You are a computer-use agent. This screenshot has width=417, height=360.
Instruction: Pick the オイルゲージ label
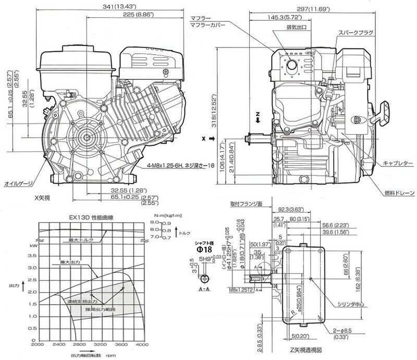coord(19,183)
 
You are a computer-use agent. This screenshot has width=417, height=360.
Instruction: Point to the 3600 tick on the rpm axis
coord(120,345)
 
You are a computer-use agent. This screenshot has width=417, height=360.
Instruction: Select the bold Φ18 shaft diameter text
coord(204,249)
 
